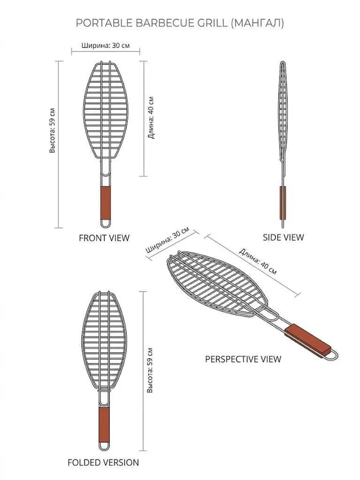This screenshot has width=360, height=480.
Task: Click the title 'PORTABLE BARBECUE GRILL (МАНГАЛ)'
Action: point(179,23)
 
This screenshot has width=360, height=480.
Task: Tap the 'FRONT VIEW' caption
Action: point(104,238)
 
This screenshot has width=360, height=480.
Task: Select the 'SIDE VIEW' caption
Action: point(283,237)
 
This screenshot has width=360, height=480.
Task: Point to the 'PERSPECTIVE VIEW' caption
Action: point(243,359)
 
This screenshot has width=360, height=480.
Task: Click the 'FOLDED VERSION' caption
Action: point(103,462)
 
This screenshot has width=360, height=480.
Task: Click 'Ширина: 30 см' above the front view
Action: point(106,46)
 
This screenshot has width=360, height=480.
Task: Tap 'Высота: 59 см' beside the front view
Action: point(52,130)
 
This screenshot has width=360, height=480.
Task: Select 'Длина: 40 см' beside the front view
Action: point(151,118)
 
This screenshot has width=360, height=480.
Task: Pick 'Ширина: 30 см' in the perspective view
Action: point(167,239)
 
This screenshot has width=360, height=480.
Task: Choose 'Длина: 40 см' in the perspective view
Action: point(258,262)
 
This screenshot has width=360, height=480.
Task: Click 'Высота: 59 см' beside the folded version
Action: point(149,370)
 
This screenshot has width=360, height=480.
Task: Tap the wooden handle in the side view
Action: point(283,203)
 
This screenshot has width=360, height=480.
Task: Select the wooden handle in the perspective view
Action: point(308,341)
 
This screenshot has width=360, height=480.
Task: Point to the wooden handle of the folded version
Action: point(104,425)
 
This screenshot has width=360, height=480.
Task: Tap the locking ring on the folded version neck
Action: point(104,391)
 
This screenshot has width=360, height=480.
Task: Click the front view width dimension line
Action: point(106,52)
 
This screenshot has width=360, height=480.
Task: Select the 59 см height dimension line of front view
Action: point(59,145)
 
